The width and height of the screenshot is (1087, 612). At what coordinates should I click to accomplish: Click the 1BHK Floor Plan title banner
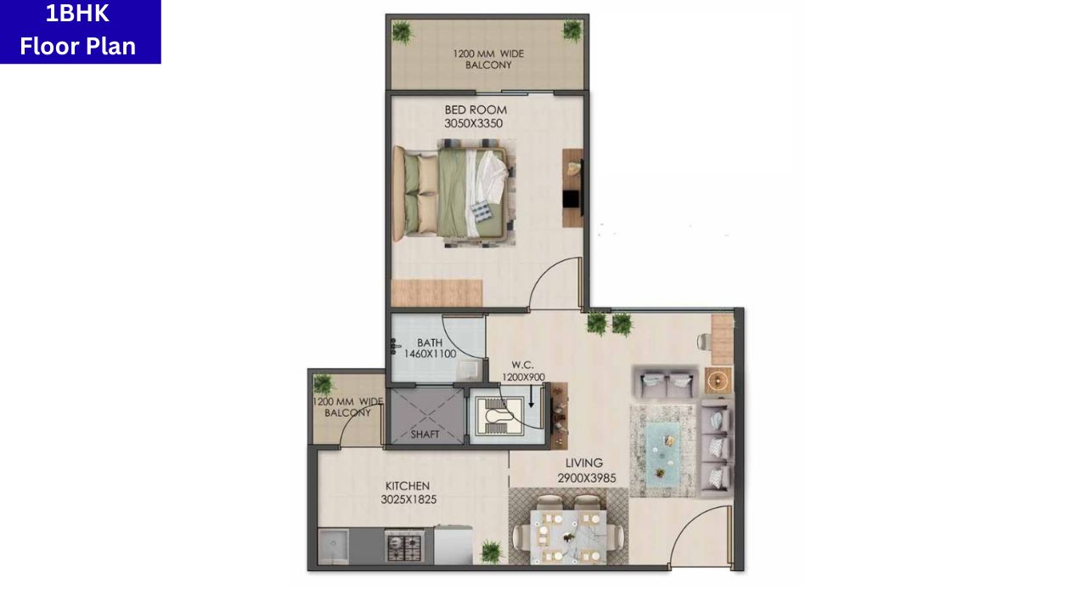click(80, 31)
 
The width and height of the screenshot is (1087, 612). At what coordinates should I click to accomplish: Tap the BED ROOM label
click(476, 110)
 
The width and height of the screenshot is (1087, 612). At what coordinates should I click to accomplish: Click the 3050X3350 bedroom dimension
click(473, 124)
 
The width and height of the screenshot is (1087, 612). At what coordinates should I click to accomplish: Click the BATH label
click(430, 343)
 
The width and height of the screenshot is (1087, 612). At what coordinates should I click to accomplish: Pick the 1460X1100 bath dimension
click(430, 354)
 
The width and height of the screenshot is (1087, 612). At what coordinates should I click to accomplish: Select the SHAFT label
click(425, 434)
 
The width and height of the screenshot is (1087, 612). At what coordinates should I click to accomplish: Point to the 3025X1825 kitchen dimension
click(408, 500)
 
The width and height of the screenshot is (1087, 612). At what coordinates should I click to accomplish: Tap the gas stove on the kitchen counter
click(404, 546)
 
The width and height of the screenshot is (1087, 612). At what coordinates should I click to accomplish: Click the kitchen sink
click(333, 545)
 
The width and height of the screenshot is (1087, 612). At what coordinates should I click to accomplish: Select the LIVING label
click(584, 464)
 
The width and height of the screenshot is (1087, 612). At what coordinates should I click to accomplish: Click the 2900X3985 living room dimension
click(587, 479)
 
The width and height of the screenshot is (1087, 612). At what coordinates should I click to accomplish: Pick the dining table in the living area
click(566, 535)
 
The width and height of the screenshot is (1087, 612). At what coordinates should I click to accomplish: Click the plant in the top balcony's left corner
click(401, 32)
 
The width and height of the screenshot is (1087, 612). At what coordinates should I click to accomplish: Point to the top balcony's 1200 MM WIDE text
click(488, 54)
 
